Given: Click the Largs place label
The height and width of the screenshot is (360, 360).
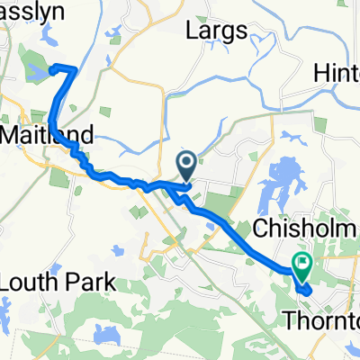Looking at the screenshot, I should (215, 31).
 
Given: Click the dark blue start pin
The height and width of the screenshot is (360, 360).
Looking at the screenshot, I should (187, 165).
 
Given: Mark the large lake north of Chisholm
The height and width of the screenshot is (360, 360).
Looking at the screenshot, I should (280, 185).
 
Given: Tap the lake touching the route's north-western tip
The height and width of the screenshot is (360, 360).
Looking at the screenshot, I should (40, 71).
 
